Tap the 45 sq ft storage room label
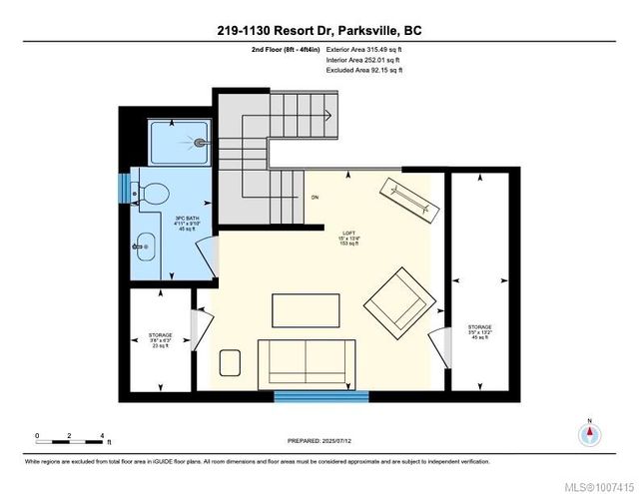point(480,331)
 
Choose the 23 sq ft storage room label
point(161,339)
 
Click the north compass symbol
point(590,435)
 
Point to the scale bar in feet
point(70,438)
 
